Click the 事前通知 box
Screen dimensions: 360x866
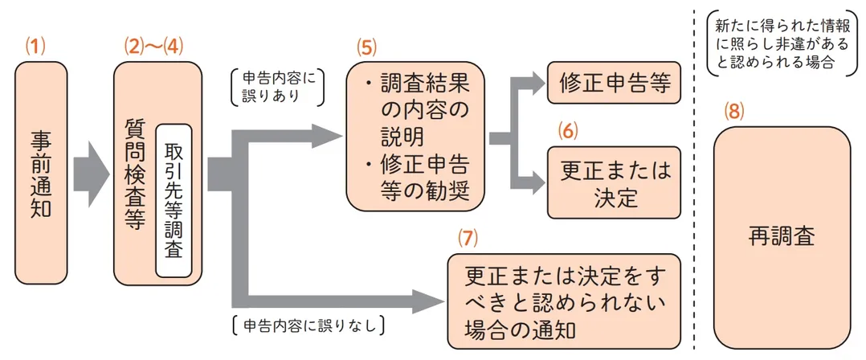(40, 173)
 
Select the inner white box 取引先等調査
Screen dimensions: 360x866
(174, 199)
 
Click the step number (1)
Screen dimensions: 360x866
(37, 47)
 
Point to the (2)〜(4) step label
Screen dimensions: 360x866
(153, 47)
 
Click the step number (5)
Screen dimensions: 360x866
(367, 47)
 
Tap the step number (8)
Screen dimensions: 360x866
(734, 112)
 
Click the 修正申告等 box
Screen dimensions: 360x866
(614, 82)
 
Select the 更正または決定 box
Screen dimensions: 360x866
(614, 183)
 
